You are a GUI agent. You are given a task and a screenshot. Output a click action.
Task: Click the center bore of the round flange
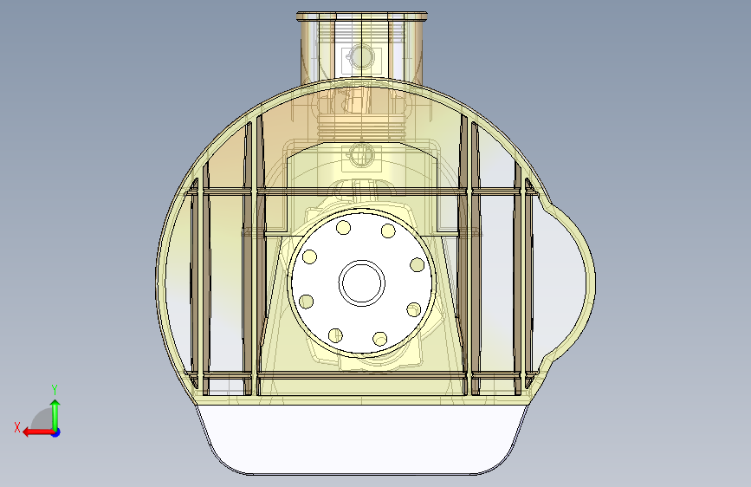[361, 282]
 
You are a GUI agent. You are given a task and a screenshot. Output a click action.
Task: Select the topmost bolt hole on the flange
[343, 227]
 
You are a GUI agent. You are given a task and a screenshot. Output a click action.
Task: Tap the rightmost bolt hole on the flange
[418, 264]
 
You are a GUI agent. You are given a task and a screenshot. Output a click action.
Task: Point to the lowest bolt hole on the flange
[379, 339]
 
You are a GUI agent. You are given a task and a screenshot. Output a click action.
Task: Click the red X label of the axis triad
[17, 427]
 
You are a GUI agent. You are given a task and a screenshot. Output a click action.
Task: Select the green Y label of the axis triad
[55, 389]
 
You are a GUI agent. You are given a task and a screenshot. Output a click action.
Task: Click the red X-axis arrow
[39, 432]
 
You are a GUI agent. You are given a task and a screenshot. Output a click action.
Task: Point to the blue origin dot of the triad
[56, 432]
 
